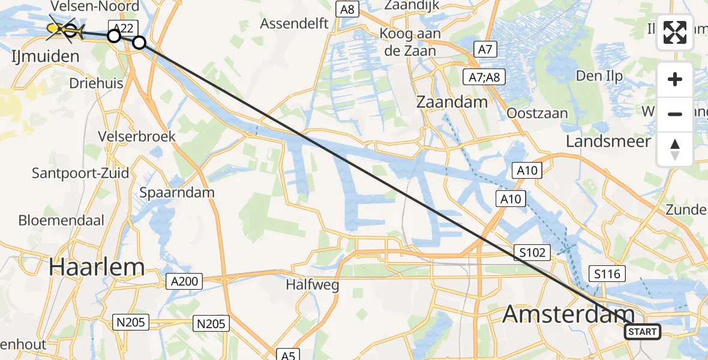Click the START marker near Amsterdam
pos(643,331)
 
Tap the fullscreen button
pos(675,32)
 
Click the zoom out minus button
pos(675,114)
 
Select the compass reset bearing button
pos(675,149)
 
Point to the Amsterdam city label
pos(568,314)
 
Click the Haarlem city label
pos(97,266)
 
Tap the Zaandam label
pos(453,102)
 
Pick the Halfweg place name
pos(312,285)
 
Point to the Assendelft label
pos(294,24)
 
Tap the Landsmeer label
pos(608,141)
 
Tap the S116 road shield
pos(607,274)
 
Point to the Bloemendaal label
pos(61,220)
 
